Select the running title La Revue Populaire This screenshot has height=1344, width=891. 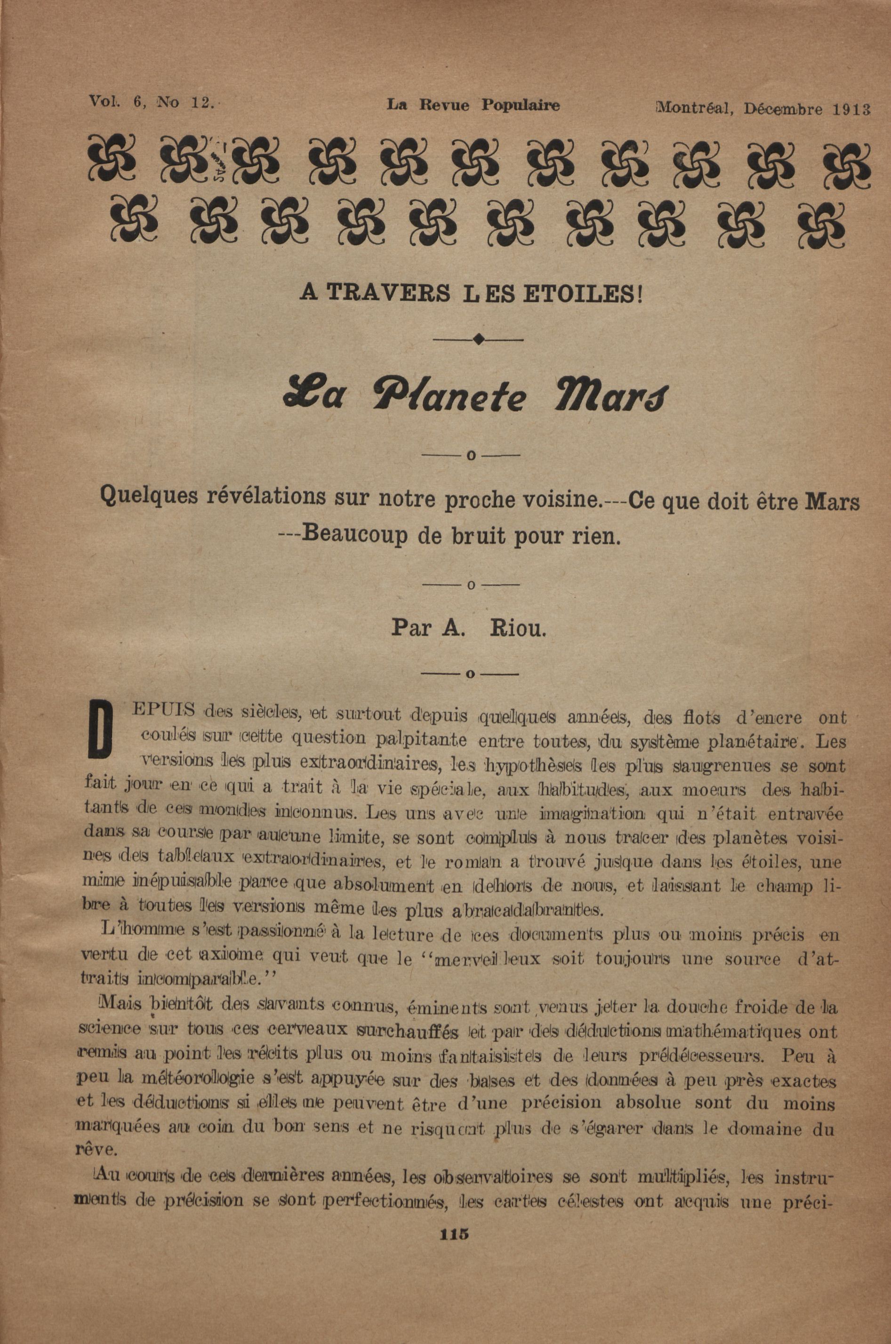tap(473, 105)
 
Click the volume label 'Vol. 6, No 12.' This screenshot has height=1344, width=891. tap(151, 102)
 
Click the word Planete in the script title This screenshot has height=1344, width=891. tap(449, 398)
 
